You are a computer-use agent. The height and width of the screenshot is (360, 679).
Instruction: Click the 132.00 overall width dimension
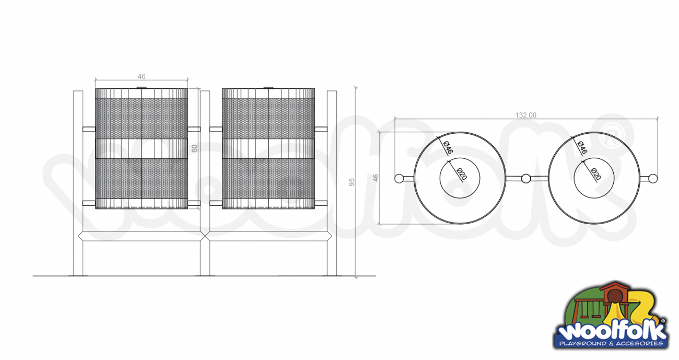point(525,115)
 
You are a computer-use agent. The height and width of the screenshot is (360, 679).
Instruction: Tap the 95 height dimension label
point(352,182)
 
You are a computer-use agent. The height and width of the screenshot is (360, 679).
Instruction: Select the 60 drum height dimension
point(194,148)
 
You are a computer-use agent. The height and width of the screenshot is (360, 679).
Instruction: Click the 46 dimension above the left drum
point(142,76)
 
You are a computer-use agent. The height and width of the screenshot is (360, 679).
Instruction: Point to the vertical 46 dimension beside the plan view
point(376,178)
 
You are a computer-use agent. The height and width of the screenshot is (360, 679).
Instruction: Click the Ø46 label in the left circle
point(448,147)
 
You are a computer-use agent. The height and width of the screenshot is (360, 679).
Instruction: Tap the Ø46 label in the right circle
point(582,147)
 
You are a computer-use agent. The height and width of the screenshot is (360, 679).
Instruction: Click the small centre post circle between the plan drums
point(526,179)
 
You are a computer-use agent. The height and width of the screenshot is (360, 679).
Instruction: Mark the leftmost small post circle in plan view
point(399,179)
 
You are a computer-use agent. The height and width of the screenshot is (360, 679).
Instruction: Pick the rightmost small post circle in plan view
point(653,179)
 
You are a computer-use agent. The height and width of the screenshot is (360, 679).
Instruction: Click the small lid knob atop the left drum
point(142,88)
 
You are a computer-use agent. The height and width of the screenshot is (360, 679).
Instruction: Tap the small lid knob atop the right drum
point(268,88)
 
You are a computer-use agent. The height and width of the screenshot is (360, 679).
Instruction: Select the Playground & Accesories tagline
point(611,344)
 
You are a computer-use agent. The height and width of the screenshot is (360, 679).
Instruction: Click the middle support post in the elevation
point(205,183)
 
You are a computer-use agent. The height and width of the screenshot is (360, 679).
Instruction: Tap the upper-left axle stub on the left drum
point(89,130)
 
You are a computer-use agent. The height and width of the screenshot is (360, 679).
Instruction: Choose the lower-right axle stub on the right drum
point(321,203)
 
